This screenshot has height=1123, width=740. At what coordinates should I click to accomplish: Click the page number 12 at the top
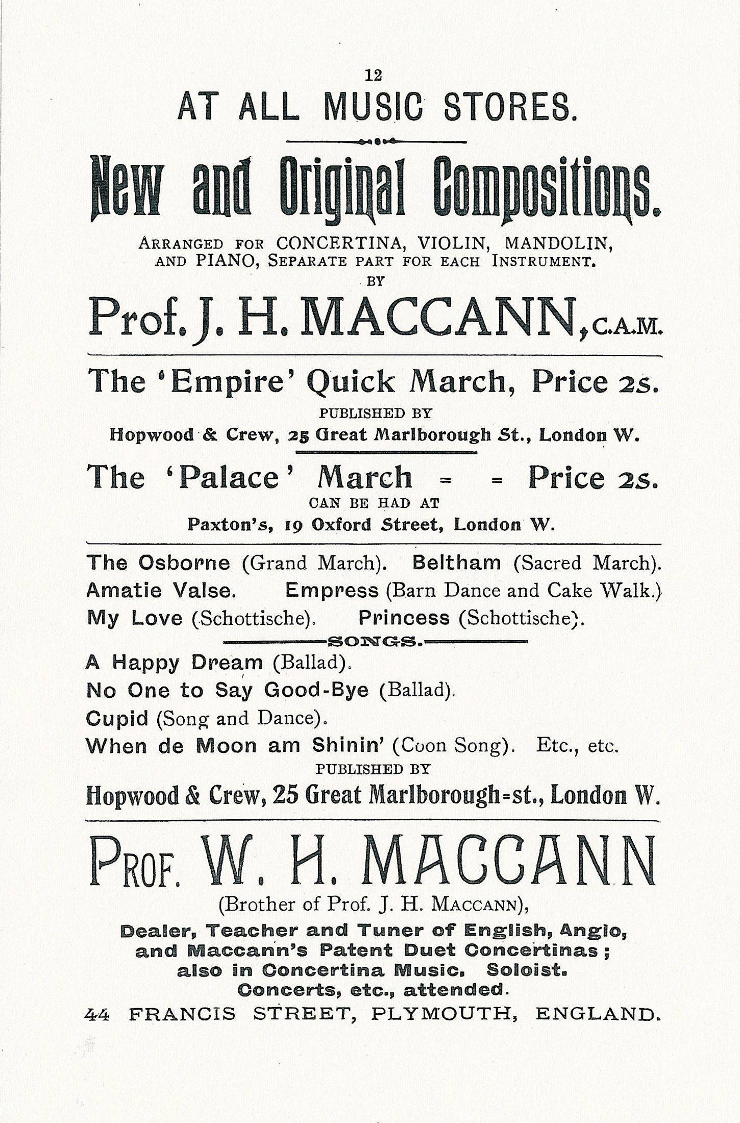373,76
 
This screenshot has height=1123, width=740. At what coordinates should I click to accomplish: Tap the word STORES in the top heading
510,107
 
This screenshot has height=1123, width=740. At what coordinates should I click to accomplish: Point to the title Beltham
456,563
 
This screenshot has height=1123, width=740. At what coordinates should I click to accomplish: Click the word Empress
332,591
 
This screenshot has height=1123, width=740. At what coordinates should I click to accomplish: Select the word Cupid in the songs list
117,719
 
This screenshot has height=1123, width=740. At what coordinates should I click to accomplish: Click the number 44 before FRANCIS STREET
97,1014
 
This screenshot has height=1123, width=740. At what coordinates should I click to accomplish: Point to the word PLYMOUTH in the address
441,1014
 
